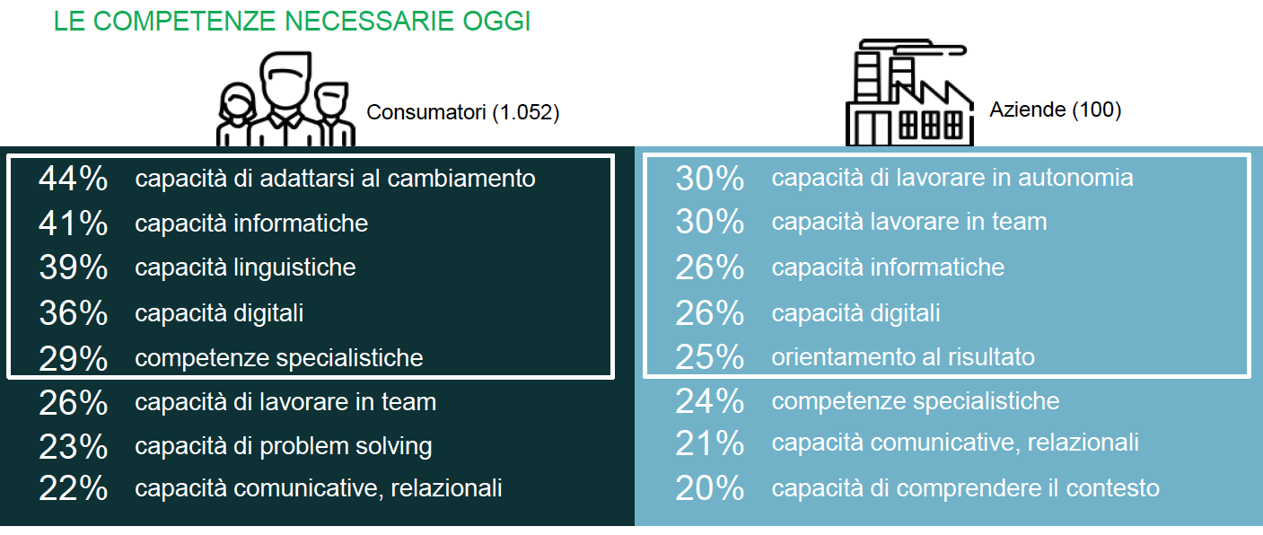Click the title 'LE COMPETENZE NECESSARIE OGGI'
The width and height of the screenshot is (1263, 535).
coord(292,22)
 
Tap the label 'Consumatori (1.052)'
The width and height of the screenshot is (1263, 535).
coord(463,112)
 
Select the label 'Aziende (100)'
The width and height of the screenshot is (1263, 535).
coord(1056,110)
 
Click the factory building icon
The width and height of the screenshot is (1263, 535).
coord(909,92)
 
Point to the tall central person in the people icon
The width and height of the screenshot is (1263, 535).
coord(285,99)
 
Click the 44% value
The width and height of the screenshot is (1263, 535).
coord(74,179)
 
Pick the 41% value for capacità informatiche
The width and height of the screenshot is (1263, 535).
coord(74,224)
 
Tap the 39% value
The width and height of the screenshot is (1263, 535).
coord(74,267)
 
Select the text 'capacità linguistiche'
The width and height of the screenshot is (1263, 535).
coord(245,267)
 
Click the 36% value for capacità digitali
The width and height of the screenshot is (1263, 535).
coord(74,313)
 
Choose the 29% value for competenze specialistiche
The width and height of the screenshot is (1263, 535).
coord(74,358)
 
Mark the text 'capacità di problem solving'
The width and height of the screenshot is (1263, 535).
coord(284,446)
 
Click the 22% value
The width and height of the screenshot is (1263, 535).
coord(74,488)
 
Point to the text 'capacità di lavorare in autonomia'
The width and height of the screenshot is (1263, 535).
coord(952,178)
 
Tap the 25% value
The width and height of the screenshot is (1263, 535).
coord(710,357)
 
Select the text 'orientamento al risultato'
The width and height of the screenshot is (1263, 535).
coord(903,357)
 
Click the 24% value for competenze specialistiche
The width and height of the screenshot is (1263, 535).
coord(710,401)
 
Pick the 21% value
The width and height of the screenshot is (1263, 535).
coord(710,443)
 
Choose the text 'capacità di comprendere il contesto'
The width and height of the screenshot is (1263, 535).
coord(965,488)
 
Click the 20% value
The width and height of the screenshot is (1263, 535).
coord(710,488)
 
